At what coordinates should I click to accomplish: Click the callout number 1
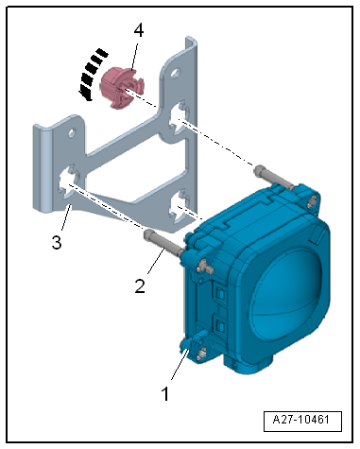tap(165, 393)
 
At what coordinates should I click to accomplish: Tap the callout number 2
tap(140, 286)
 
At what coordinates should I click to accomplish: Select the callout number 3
tap(57, 242)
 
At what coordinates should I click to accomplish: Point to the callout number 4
tap(139, 30)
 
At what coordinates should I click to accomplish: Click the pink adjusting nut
tap(122, 88)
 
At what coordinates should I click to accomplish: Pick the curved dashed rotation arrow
tap(92, 74)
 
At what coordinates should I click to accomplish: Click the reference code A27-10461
tap(301, 420)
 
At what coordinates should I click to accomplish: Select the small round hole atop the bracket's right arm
tap(175, 73)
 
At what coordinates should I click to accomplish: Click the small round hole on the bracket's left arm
tap(72, 133)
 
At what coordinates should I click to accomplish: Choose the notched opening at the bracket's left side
tap(69, 181)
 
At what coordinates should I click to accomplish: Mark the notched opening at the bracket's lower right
tap(179, 205)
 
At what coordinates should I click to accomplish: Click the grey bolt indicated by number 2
tap(163, 244)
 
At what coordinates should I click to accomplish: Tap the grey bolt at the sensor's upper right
tap(274, 179)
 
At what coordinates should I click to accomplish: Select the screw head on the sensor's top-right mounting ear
tap(313, 200)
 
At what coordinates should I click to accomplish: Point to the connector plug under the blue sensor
tap(249, 363)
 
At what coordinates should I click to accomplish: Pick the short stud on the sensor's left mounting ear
tap(205, 267)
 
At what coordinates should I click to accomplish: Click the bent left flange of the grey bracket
tap(43, 167)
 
